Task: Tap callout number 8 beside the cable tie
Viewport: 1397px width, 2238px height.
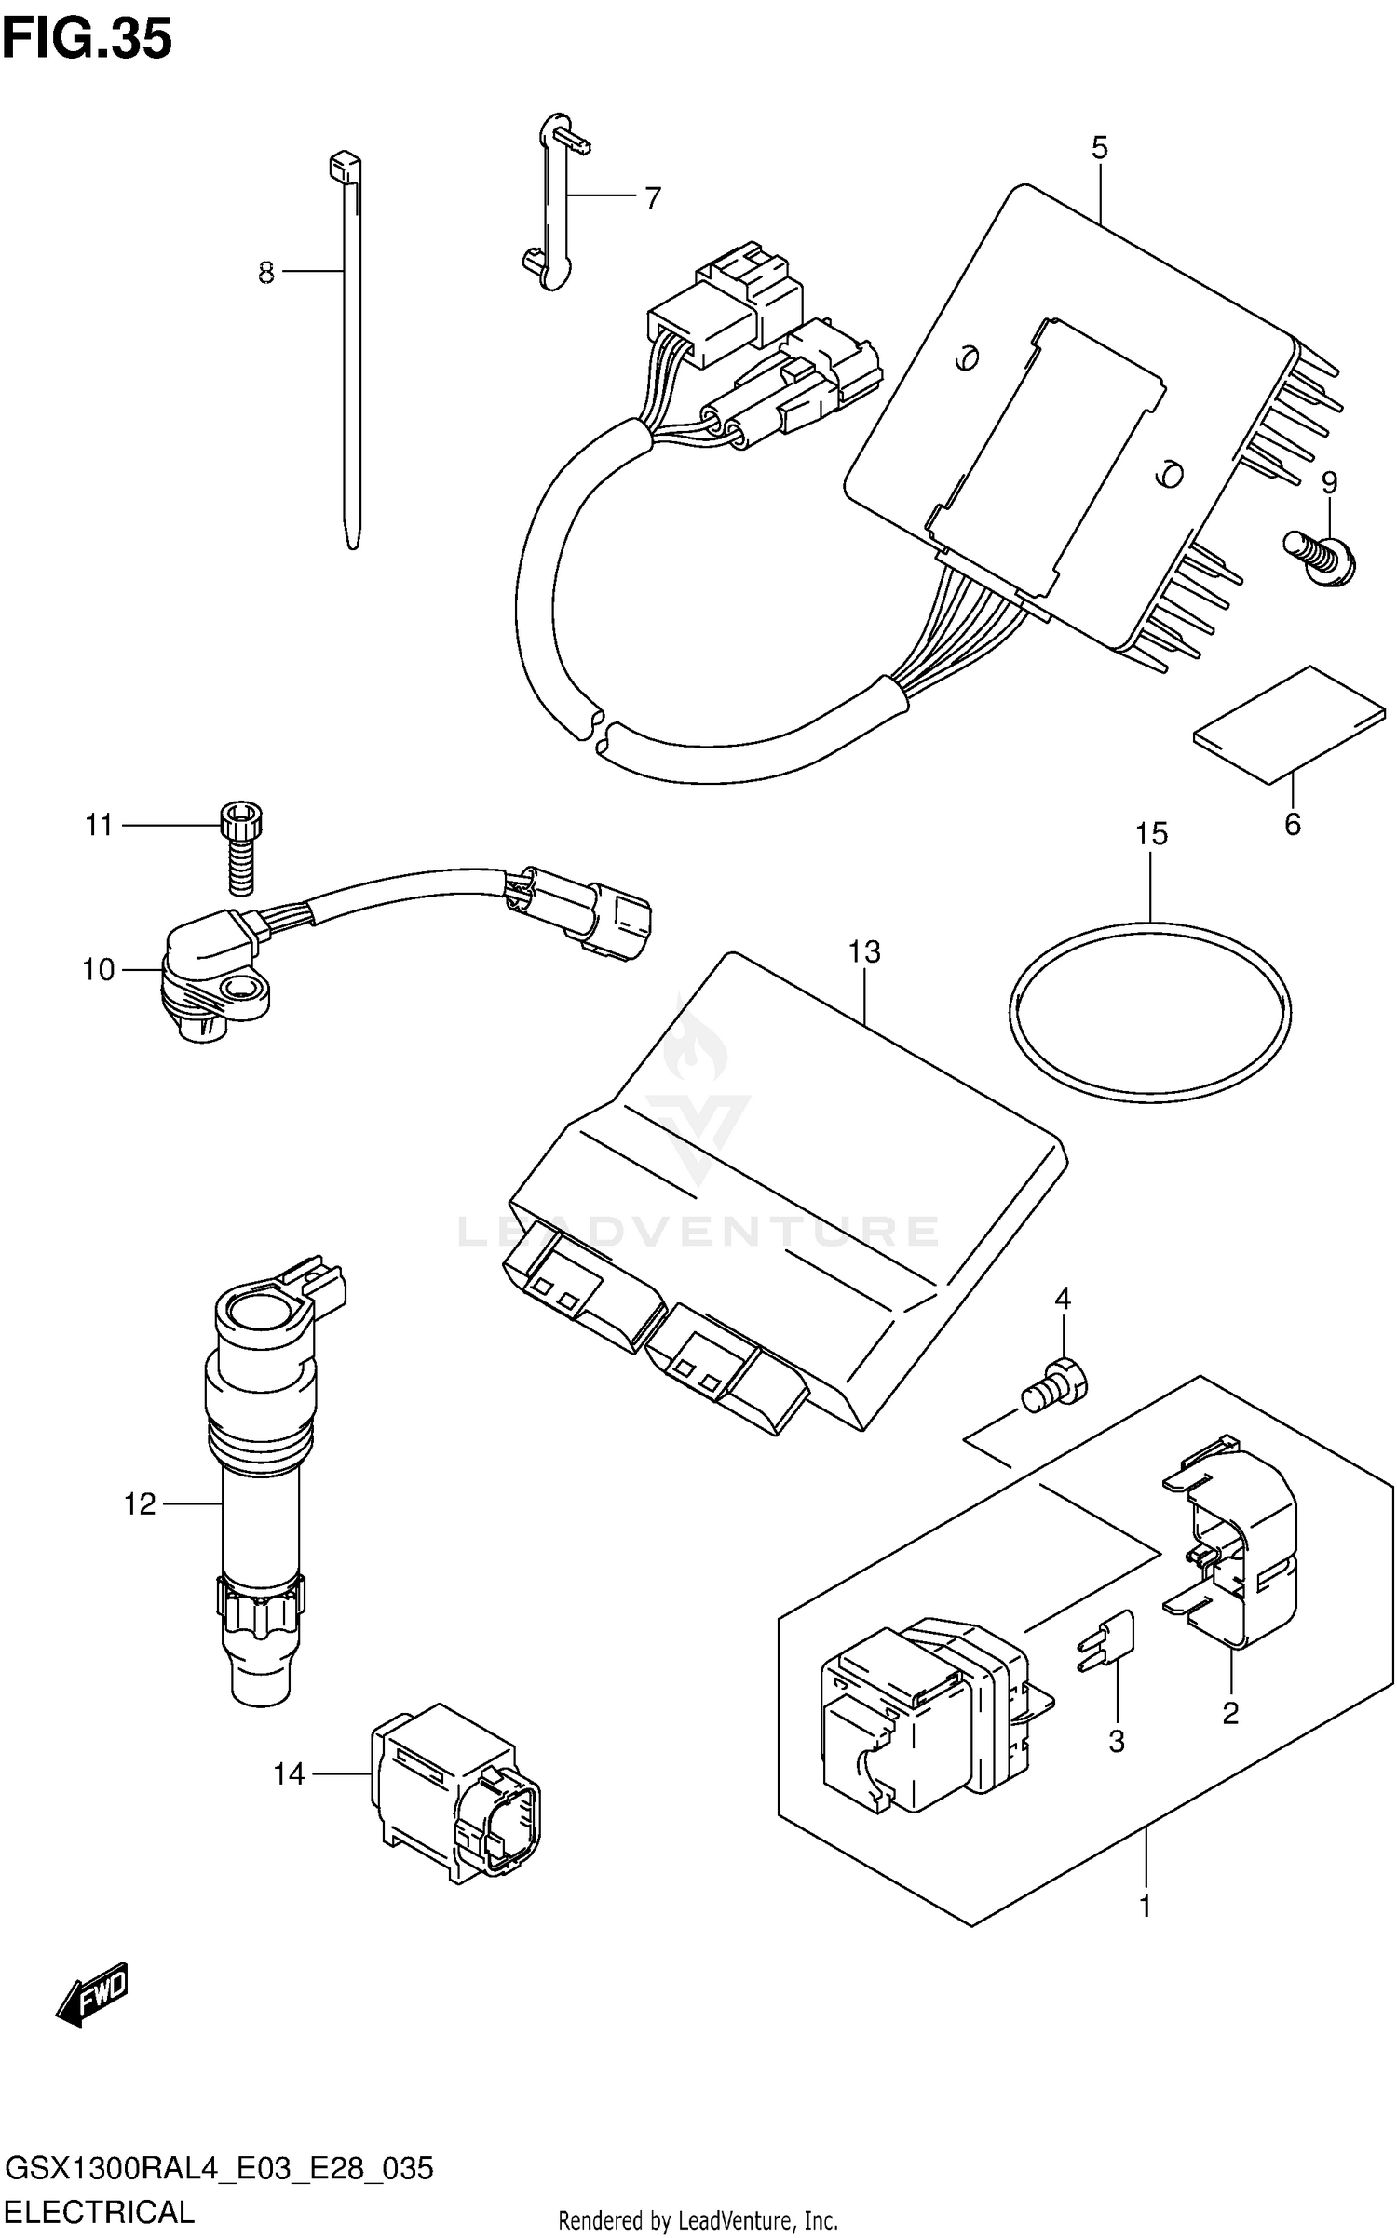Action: [x=266, y=273]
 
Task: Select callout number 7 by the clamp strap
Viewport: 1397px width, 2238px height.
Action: [x=652, y=198]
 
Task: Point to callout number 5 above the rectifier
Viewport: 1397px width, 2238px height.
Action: [x=1100, y=148]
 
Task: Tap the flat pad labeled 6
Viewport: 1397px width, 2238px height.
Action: [x=1289, y=724]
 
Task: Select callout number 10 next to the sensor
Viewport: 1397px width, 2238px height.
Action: [x=99, y=970]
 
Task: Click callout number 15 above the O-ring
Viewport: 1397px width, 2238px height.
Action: [x=1151, y=833]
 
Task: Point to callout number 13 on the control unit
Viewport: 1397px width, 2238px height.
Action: [x=864, y=951]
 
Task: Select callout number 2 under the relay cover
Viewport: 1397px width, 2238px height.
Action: [x=1230, y=1712]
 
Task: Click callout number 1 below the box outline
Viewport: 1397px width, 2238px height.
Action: [x=1146, y=1907]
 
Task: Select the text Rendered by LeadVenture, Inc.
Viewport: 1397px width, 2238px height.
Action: [x=698, y=2222]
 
